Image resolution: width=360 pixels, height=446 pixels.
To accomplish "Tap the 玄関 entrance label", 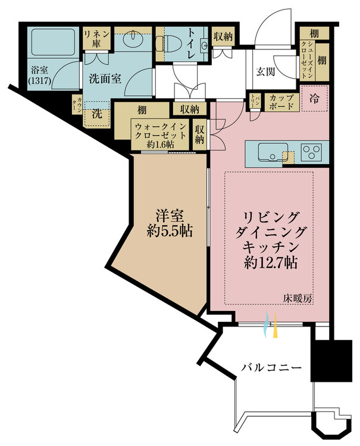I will [266, 72].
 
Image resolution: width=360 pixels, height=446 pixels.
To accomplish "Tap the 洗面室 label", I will [107, 78].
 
